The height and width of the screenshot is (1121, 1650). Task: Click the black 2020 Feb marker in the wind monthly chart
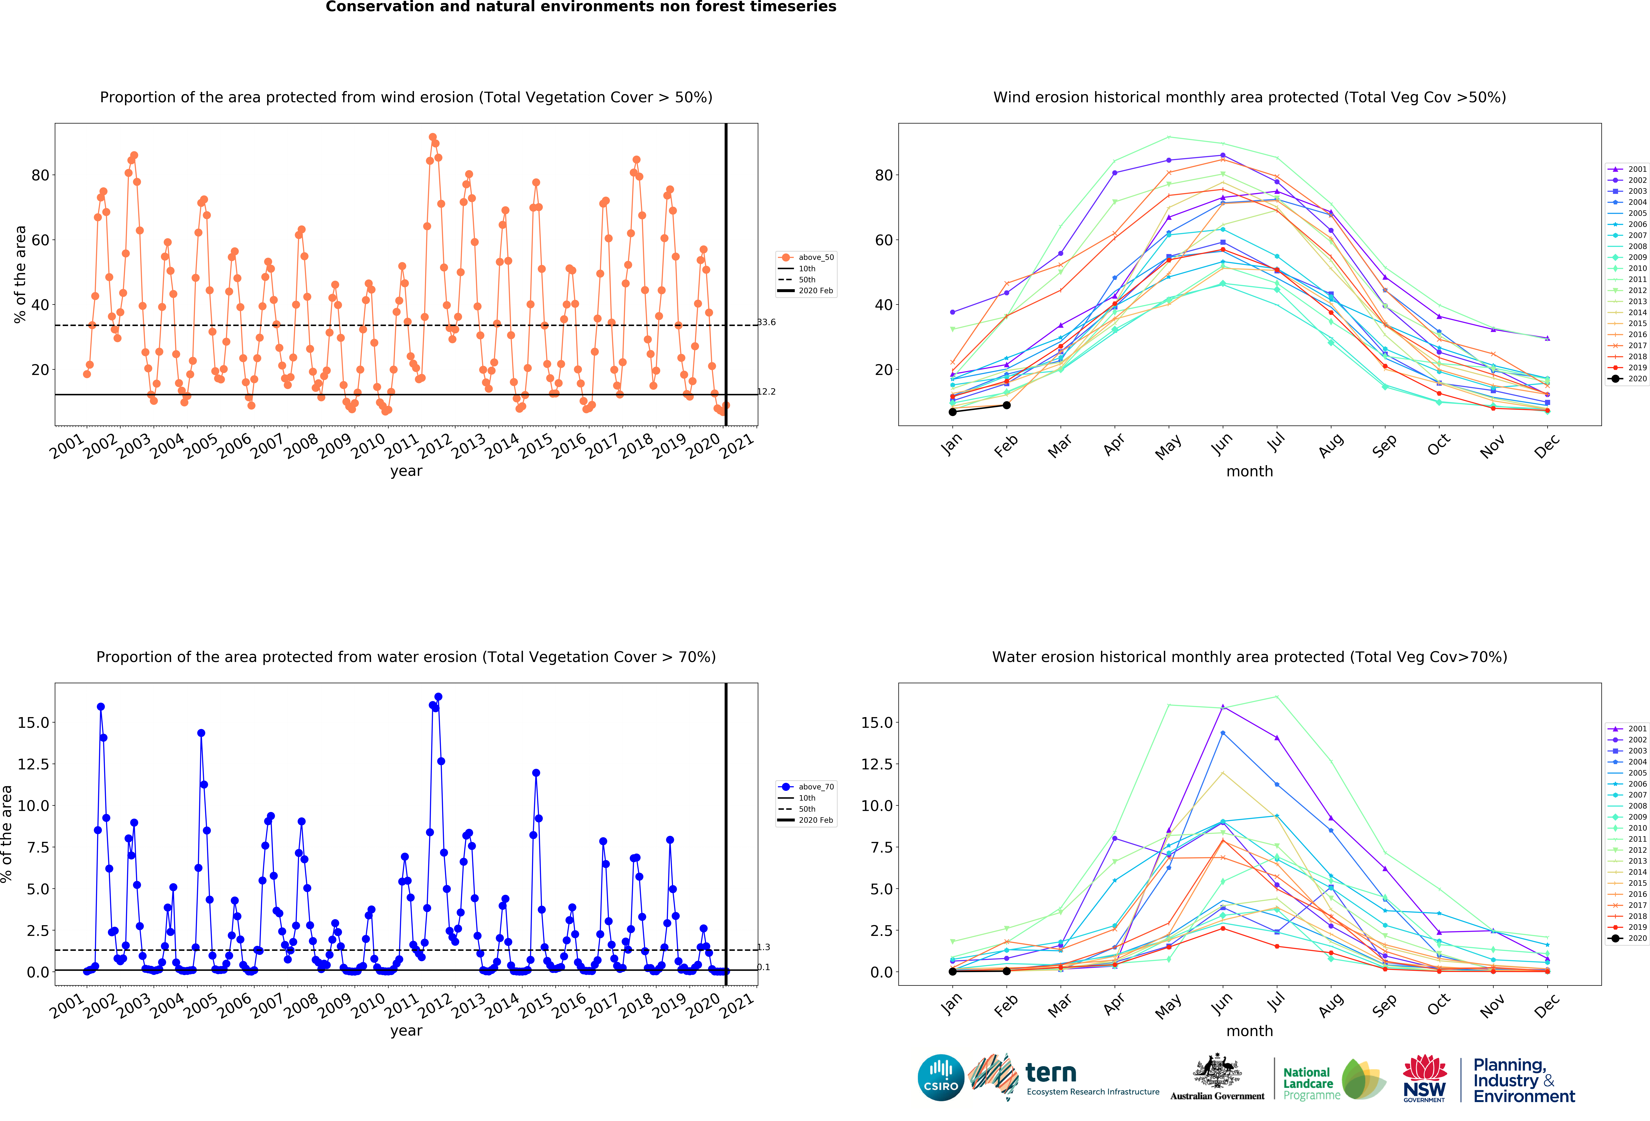(1007, 405)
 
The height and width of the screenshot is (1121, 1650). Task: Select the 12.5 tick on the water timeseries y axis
(33, 764)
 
